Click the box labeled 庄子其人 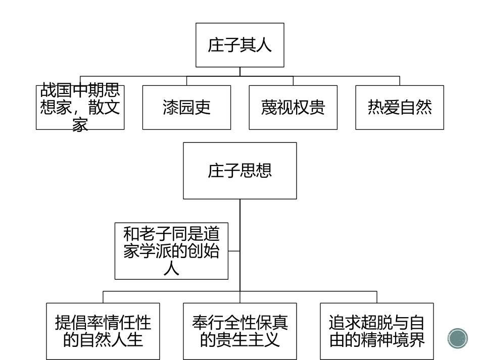(x=239, y=45)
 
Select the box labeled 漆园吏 (x=186, y=107)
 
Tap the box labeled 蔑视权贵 (x=293, y=107)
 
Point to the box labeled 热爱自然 (x=400, y=107)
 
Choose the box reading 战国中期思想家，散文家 (x=80, y=107)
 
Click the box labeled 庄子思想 (x=239, y=171)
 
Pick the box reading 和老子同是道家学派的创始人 (x=171, y=250)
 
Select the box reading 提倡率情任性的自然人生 (x=103, y=331)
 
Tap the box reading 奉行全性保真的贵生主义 (x=240, y=331)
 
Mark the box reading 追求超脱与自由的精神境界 (x=377, y=331)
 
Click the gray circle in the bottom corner (x=458, y=338)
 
